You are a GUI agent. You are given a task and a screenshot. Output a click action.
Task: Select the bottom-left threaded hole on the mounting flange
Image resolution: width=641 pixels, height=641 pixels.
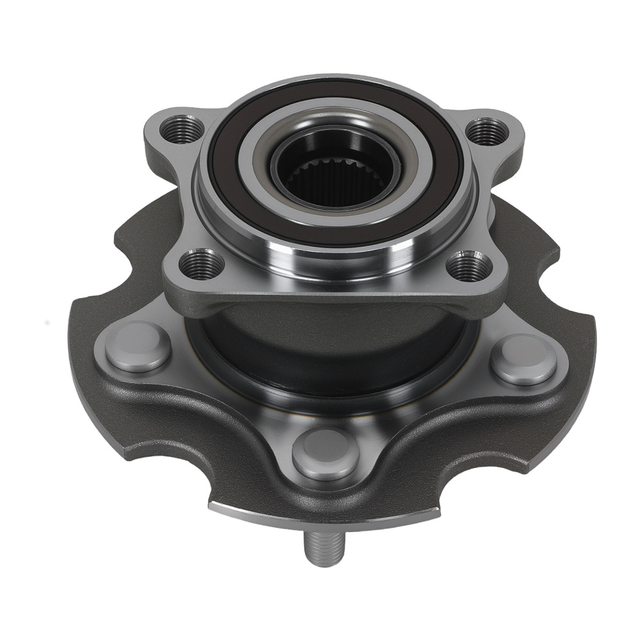[x=201, y=263]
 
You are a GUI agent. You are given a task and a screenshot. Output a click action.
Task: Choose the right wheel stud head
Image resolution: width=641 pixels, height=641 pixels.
[x=524, y=359]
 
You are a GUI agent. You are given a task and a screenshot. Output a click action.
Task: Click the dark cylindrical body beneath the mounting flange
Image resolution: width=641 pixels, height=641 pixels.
[x=333, y=346]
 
